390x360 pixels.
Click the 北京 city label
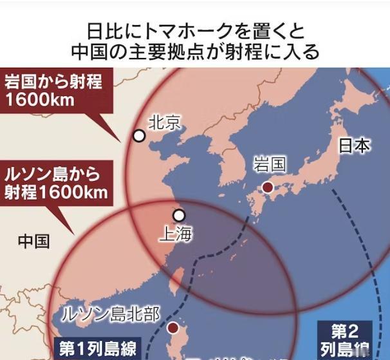tap(165, 122)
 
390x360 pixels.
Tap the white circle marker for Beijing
tap(139, 135)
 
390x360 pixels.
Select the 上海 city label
tap(175, 234)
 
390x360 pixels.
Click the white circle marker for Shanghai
tap(179, 215)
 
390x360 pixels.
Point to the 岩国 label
tap(269, 164)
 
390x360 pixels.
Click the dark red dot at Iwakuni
tap(267, 187)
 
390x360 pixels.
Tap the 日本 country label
tap(355, 146)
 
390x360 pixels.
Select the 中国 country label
tap(33, 242)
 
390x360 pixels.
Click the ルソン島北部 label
tap(109, 314)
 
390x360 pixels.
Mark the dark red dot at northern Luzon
tap(172, 328)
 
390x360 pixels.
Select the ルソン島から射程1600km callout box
tap(54, 183)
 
